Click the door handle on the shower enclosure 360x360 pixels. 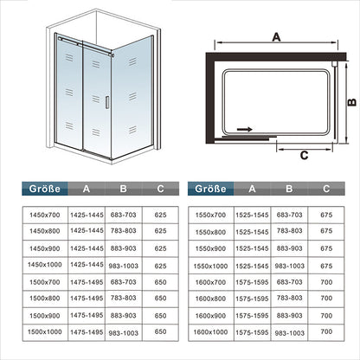107,102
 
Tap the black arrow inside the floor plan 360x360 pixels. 245,130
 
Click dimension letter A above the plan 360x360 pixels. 276,37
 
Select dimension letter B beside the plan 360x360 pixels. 352,102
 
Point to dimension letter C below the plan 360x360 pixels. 304,156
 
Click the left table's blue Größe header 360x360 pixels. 45,189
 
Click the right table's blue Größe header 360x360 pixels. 211,189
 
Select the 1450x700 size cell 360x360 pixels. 45,215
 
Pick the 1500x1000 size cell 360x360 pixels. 45,331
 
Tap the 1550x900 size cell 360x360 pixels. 210,248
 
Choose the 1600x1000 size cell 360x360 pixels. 210,332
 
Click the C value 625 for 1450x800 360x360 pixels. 160,231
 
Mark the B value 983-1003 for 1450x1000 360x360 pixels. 124,266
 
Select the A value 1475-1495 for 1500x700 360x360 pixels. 87,282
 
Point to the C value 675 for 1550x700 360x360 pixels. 326,215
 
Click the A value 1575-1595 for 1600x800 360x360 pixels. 252,299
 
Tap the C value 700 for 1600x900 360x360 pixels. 326,316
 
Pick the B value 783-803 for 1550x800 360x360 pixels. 289,231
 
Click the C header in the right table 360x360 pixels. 326,189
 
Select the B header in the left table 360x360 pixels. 124,189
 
